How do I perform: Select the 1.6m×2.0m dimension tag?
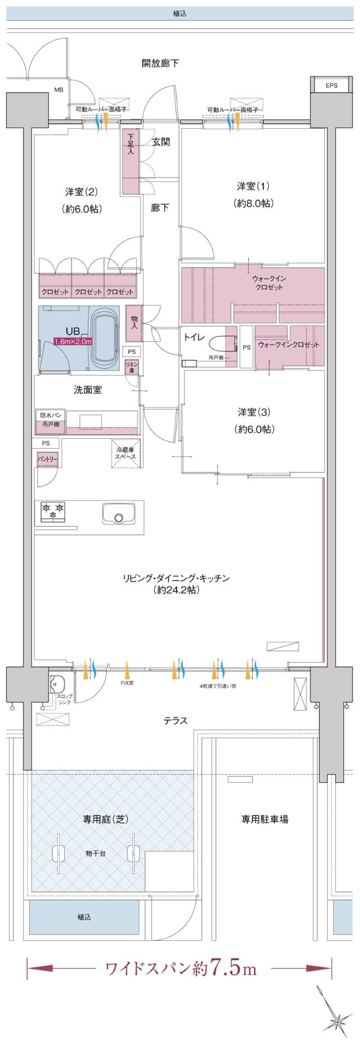coord(73,341)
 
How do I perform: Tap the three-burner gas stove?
coord(53,511)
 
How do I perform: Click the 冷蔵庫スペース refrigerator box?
coord(126,453)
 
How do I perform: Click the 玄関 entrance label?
coord(161,142)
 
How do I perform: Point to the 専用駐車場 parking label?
coord(265,819)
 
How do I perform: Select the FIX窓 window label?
coord(127,683)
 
